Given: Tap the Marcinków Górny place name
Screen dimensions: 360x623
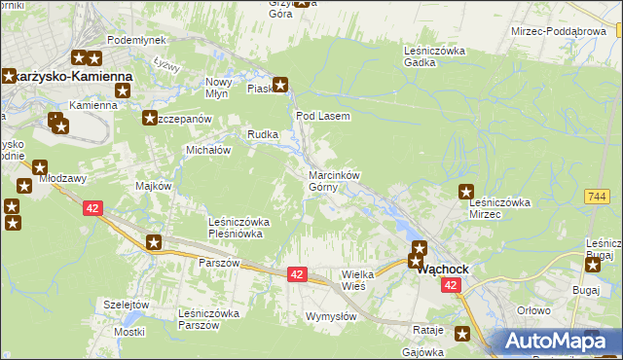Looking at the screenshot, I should click(334, 181).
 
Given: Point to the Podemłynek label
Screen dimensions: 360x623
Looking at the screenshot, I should click(136, 39).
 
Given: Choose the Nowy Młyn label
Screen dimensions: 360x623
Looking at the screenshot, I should click(216, 88).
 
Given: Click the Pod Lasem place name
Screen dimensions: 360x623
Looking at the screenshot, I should click(322, 115).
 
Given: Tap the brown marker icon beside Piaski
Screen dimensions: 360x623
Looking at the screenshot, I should click(281, 85).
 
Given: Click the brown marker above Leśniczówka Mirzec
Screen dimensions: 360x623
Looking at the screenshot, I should click(466, 193).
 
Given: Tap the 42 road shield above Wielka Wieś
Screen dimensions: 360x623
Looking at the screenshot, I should click(298, 275).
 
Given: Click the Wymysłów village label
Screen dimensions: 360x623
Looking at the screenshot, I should click(331, 316).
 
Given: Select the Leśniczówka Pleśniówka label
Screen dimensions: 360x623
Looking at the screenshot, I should click(239, 228).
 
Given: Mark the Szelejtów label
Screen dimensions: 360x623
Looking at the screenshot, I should click(127, 305).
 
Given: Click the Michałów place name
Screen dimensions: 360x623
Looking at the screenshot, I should click(207, 151).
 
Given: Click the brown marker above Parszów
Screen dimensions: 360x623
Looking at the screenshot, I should click(154, 242).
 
